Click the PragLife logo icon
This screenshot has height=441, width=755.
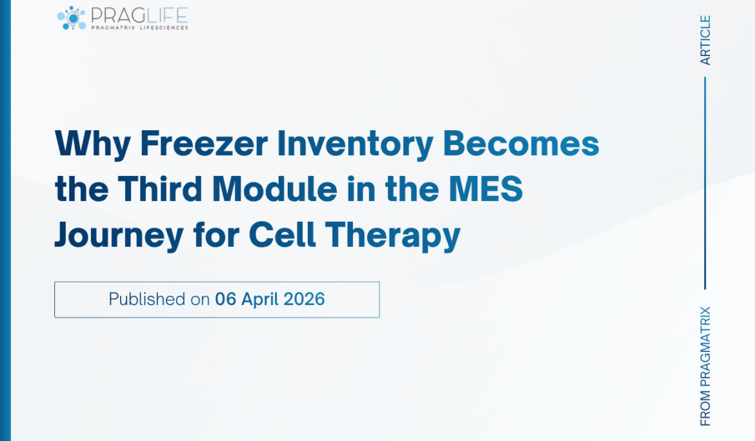pyautogui.click(x=72, y=17)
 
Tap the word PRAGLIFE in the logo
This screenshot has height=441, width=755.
pyautogui.click(x=139, y=14)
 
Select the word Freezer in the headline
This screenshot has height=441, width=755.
pyautogui.click(x=203, y=144)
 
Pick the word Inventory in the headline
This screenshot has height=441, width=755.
pyautogui.click(x=355, y=144)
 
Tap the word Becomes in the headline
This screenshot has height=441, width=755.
pyautogui.click(x=521, y=144)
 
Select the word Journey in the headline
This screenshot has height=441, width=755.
pyautogui.click(x=119, y=237)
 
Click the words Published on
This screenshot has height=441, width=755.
pyautogui.click(x=159, y=299)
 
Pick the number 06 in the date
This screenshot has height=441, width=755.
pyautogui.click(x=225, y=299)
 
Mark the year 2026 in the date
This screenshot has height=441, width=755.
pyautogui.click(x=305, y=299)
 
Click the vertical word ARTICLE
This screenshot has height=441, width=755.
pyautogui.click(x=705, y=40)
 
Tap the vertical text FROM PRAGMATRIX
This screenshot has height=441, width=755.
pyautogui.click(x=705, y=366)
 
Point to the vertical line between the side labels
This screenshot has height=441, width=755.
pyautogui.click(x=705, y=183)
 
